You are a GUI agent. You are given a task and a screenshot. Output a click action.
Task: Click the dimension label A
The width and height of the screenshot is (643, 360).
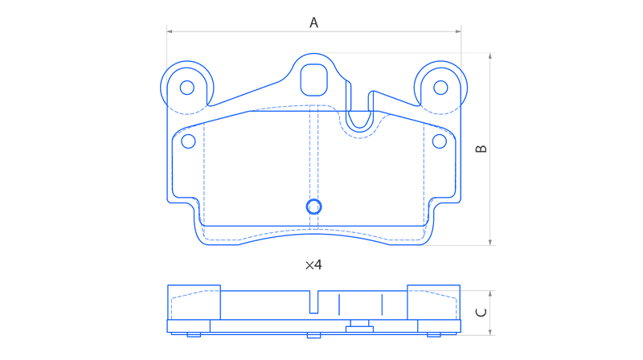(313, 22)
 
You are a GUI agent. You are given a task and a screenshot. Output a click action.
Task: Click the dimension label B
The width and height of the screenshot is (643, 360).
(481, 149)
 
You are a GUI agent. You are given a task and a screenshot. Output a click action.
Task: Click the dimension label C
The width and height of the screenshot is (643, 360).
(481, 313)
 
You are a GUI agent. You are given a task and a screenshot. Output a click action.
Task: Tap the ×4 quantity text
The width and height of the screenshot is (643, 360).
(313, 265)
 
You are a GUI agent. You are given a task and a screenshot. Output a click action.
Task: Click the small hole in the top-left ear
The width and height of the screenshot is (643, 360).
(187, 88)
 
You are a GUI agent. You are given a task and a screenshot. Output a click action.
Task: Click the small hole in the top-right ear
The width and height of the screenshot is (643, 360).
(440, 88)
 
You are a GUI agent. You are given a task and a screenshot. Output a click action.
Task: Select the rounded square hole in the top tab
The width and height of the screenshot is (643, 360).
(314, 80)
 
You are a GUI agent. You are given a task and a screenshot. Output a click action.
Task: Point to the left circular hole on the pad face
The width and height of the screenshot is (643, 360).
(188, 141)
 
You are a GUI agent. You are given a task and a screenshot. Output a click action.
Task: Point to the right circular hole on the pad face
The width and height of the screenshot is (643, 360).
(440, 141)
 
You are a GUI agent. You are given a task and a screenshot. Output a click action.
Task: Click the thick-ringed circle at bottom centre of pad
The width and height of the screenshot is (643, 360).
(314, 207)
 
